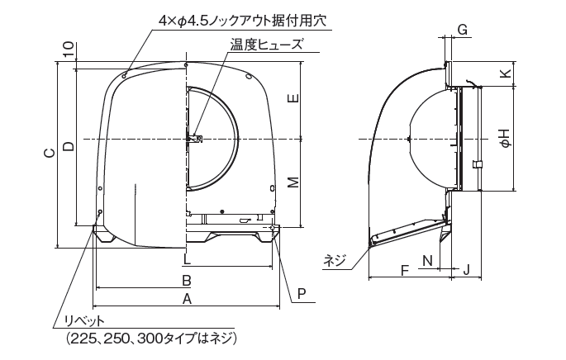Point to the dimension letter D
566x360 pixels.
tap(69, 145)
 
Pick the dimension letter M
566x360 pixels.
tap(293, 182)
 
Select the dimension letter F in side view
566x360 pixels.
tap(403, 270)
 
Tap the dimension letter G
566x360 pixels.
tap(463, 30)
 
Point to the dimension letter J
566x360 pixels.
tap(467, 270)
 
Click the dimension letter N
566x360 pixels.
tap(426, 261)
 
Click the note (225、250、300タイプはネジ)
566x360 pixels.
tap(146, 339)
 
